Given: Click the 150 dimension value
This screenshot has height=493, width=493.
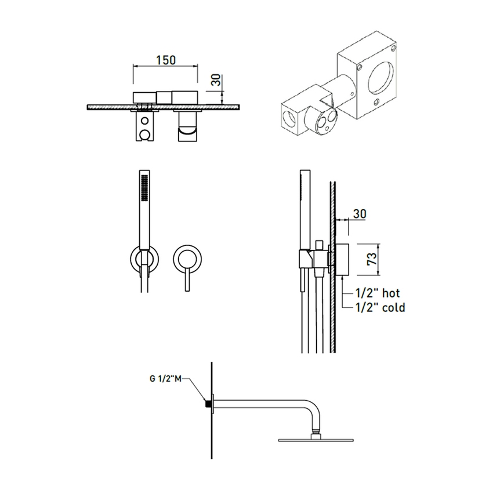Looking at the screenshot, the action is [x=166, y=60].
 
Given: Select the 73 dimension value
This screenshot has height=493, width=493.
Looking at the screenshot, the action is [x=372, y=259].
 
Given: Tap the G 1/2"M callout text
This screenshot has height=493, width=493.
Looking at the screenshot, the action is [x=165, y=379].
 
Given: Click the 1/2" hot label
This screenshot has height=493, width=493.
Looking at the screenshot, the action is [x=378, y=293].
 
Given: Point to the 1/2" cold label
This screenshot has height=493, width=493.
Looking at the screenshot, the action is [x=380, y=307].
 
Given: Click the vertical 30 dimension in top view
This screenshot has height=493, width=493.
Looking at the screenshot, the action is [x=216, y=80].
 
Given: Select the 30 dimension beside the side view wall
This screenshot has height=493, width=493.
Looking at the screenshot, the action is [x=360, y=214].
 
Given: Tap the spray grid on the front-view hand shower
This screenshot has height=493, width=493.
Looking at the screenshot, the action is [x=144, y=187].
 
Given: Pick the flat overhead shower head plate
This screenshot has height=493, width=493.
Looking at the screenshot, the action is [x=316, y=440].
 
